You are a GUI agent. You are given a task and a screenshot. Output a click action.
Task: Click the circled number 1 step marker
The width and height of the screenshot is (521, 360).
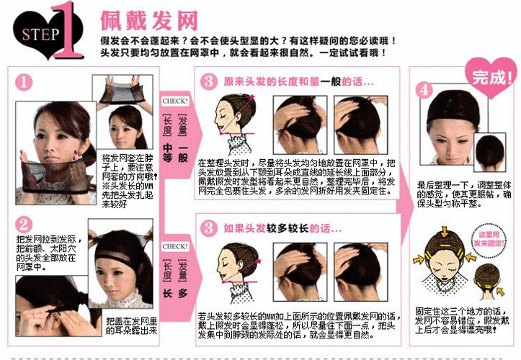click(x=25, y=82)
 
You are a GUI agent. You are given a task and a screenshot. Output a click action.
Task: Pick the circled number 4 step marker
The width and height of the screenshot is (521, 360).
click(x=424, y=90)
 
